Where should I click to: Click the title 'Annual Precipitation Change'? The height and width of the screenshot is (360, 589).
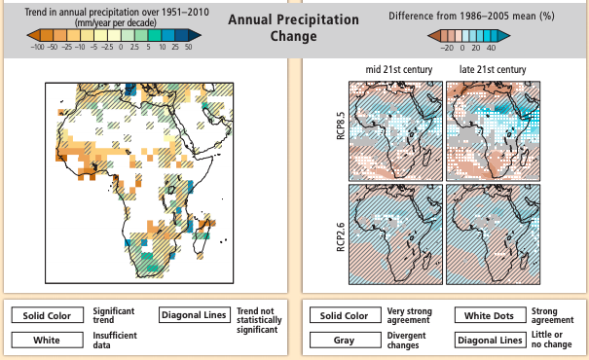click(293, 28)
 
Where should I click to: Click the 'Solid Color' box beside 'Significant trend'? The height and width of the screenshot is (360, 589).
click(46, 315)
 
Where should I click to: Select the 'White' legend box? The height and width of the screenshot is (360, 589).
click(46, 340)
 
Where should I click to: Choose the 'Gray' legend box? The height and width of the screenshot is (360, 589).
click(344, 340)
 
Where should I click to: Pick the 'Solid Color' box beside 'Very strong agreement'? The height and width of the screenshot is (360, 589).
click(344, 315)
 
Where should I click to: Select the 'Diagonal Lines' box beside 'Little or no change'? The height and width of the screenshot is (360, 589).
click(489, 340)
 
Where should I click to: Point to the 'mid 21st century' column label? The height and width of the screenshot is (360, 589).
click(399, 70)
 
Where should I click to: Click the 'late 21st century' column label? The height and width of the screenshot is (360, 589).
click(492, 70)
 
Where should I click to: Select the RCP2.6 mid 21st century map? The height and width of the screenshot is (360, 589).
click(399, 234)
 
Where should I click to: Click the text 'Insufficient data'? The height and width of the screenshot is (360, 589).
click(114, 340)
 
